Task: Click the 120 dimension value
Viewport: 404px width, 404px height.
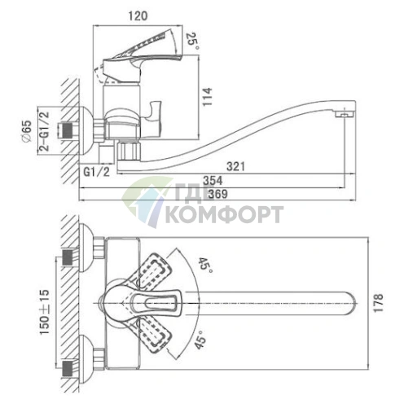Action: coord(138,16)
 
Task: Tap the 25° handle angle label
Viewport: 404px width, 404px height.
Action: coord(193,41)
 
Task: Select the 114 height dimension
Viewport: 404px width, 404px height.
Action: coord(208,97)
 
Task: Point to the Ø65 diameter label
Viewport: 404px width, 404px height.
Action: coord(27,131)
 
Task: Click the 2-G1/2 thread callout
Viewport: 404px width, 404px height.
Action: coord(44,131)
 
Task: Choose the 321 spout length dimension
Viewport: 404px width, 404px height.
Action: coord(235,166)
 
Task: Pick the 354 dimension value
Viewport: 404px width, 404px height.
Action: coord(213,181)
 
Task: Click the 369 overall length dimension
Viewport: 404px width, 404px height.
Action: coord(217,194)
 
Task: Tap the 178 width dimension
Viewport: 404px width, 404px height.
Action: coord(378,303)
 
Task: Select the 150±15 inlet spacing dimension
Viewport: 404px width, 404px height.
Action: coord(45,312)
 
